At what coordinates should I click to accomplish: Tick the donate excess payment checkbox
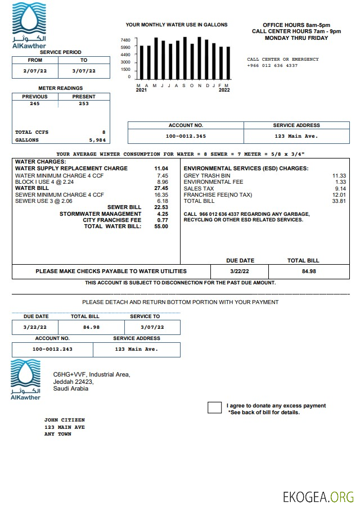214,407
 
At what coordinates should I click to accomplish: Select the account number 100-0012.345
186,136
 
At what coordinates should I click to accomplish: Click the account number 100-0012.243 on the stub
52,349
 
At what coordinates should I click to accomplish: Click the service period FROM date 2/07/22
34,71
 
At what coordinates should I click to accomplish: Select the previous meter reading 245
35,103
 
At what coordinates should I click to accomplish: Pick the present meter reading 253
84,103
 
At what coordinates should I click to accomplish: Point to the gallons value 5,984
97,140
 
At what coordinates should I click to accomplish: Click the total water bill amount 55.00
161,226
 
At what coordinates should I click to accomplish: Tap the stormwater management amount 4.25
163,214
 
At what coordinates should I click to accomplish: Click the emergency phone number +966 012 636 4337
272,66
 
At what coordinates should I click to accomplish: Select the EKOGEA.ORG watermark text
318,497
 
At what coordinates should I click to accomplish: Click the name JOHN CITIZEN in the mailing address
64,420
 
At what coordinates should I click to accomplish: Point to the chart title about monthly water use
177,25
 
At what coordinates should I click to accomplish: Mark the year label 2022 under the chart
224,90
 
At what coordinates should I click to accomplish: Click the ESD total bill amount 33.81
339,201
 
